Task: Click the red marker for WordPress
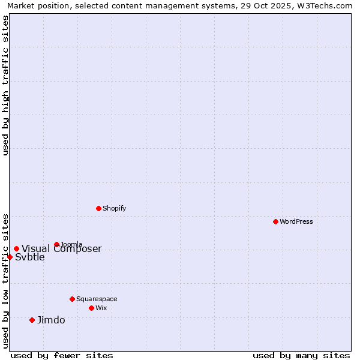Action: pos(275,221)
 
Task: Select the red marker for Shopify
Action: pos(98,208)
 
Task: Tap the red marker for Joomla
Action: pos(56,244)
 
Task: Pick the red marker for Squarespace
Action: pos(72,299)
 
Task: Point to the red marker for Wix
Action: pos(91,308)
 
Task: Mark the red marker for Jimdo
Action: pos(32,320)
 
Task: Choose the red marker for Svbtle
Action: pos(10,257)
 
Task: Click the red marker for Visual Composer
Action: pos(16,248)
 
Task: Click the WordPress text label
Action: pos(296,221)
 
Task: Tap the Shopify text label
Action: pos(115,208)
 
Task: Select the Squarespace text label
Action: pos(97,299)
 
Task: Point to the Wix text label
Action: pos(101,308)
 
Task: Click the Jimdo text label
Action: pos(51,320)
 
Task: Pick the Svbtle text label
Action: pos(30,257)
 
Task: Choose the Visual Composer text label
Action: pos(62,249)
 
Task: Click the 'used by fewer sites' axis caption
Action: pos(62,355)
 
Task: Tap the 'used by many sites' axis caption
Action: pos(301,355)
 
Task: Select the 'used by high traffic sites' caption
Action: pos(5,85)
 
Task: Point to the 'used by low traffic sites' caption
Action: pos(5,280)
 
